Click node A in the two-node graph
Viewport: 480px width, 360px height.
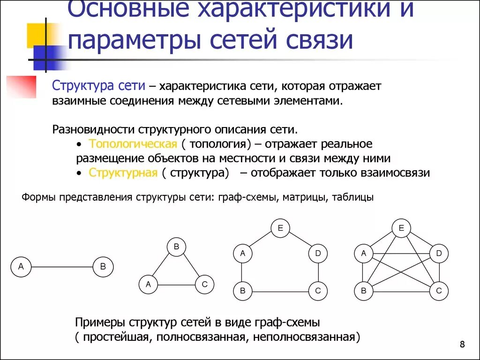coord(21,267)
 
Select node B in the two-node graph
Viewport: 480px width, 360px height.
coord(103,267)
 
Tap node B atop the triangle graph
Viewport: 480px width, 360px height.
coord(176,247)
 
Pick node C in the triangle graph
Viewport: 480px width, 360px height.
coord(204,284)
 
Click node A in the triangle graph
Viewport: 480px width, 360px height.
coord(148,284)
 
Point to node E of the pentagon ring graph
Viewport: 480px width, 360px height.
coord(280,228)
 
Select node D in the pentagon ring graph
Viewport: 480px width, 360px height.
coord(318,254)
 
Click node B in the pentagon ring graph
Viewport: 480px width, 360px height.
coord(242,291)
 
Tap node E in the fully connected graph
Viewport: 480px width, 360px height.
coord(401,228)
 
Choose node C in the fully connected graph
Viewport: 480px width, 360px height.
coord(439,291)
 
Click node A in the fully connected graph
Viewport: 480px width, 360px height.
coord(363,254)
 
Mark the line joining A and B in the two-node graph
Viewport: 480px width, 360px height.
coord(62,267)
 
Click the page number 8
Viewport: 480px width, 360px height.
coord(463,345)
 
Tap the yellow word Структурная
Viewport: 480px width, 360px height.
coord(123,172)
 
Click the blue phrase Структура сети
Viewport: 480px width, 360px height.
coord(98,86)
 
